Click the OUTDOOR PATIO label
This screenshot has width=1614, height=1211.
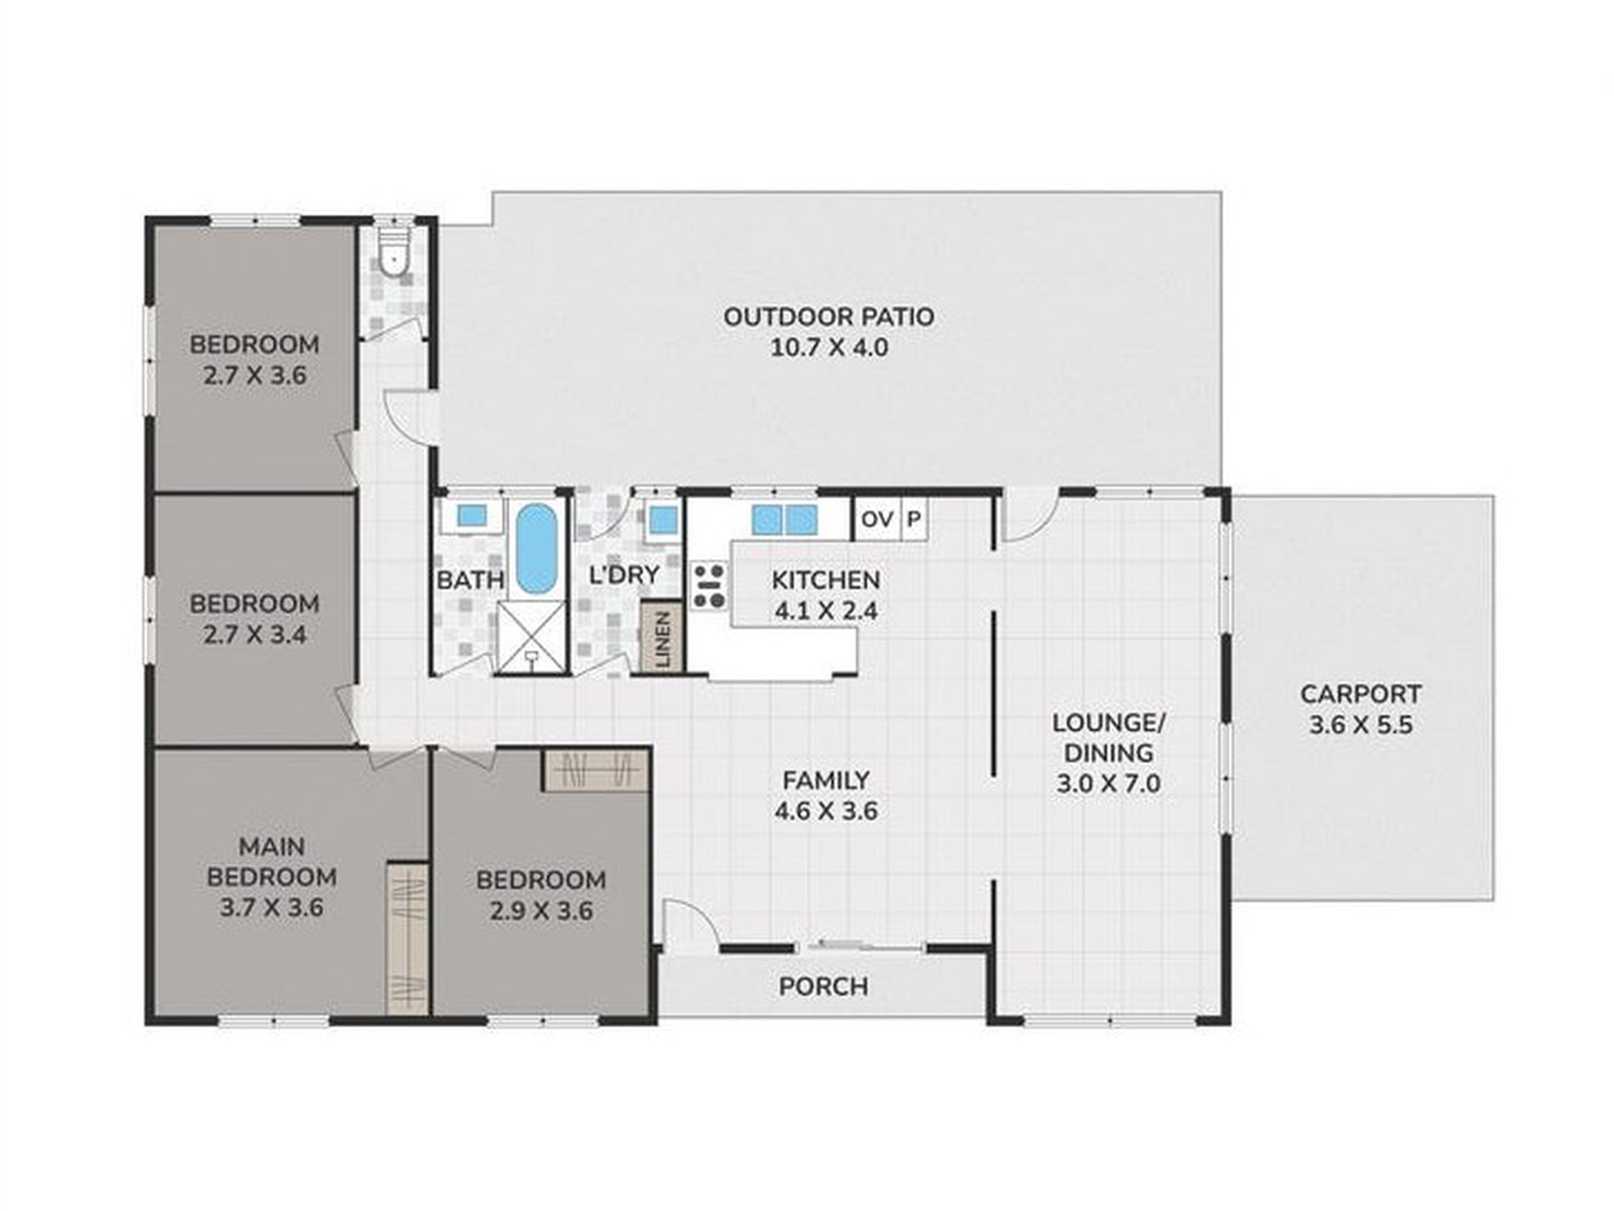(x=828, y=316)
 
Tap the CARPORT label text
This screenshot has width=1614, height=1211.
(x=1360, y=693)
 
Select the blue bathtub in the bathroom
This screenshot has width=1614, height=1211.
(x=535, y=548)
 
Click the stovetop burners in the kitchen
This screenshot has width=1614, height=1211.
(x=708, y=586)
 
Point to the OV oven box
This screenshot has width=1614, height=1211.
(x=876, y=518)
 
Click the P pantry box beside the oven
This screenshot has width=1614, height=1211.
(x=914, y=518)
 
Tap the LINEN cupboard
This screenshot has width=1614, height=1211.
(x=663, y=637)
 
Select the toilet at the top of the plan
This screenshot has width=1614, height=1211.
(x=392, y=252)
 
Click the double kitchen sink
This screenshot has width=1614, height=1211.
(x=784, y=518)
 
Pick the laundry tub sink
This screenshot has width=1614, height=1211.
(x=663, y=518)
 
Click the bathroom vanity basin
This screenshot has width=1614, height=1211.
(x=471, y=516)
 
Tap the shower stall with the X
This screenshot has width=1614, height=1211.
(x=530, y=637)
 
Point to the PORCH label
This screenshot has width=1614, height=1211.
(x=823, y=987)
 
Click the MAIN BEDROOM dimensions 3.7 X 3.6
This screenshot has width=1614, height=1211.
(x=272, y=907)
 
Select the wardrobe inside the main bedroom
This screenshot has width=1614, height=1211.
(x=407, y=938)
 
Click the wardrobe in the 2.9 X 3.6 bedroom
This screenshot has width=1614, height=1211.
(x=596, y=771)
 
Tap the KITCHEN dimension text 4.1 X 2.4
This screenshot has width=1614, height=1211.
(x=826, y=610)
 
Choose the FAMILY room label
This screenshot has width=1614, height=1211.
(x=826, y=779)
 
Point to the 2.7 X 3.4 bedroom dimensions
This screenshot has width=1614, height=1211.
(x=255, y=634)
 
